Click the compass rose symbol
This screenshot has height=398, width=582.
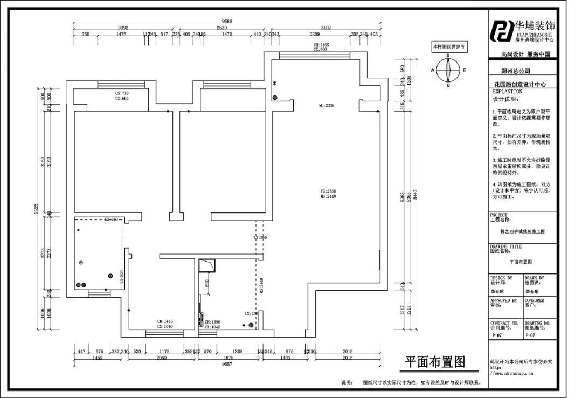coord(448,70)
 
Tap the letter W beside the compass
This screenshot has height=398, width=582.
coord(432,70)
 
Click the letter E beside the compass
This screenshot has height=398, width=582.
coord(463,70)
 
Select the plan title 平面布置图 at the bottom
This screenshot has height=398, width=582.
coord(435,361)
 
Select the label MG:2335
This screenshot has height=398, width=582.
coord(327,106)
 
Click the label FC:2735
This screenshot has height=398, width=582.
coord(328,191)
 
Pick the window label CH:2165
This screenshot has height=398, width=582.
coord(321,45)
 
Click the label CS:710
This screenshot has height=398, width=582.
coord(122,93)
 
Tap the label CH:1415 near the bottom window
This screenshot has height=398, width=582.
coord(164,321)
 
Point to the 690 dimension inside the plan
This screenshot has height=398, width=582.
coord(206,283)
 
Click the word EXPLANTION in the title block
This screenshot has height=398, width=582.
coord(508,92)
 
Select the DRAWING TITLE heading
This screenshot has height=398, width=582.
coord(506,246)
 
